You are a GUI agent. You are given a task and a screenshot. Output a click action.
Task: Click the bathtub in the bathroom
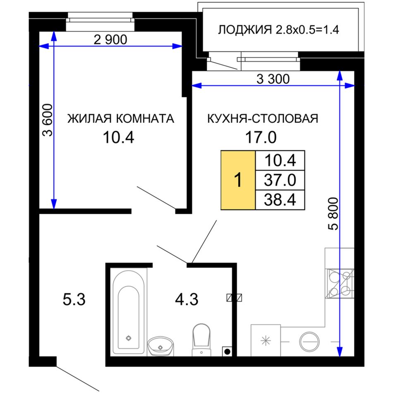(129, 312)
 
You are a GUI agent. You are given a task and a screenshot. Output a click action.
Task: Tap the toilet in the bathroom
(201, 340)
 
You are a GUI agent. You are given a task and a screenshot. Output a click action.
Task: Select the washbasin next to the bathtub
(161, 346)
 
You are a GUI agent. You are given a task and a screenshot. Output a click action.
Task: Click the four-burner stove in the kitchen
(340, 284)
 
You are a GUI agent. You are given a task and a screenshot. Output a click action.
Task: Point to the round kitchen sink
(309, 341)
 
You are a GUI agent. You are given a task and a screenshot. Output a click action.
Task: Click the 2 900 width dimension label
(110, 40)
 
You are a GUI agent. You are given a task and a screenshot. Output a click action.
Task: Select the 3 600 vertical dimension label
(48, 120)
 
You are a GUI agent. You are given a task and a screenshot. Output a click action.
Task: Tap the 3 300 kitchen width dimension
(273, 79)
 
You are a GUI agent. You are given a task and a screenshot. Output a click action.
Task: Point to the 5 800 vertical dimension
(333, 214)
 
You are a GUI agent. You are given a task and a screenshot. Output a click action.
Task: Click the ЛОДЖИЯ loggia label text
(245, 29)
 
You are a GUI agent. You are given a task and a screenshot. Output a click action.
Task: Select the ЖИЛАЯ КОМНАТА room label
(120, 118)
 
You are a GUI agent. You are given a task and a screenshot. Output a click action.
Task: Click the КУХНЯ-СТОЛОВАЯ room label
(263, 118)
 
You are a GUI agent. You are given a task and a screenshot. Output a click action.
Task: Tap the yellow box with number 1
(238, 180)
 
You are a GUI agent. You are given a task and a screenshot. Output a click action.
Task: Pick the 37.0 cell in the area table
(280, 180)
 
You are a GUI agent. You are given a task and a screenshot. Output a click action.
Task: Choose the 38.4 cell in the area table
(280, 200)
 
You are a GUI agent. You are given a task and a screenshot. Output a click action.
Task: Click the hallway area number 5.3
(74, 300)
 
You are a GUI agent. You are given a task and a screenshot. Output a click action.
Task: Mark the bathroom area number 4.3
(187, 300)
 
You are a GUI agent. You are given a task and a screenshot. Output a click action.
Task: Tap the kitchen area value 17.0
(261, 137)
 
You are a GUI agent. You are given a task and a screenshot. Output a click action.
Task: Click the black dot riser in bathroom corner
(227, 351)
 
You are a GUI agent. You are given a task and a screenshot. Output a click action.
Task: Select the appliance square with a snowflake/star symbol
(266, 340)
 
